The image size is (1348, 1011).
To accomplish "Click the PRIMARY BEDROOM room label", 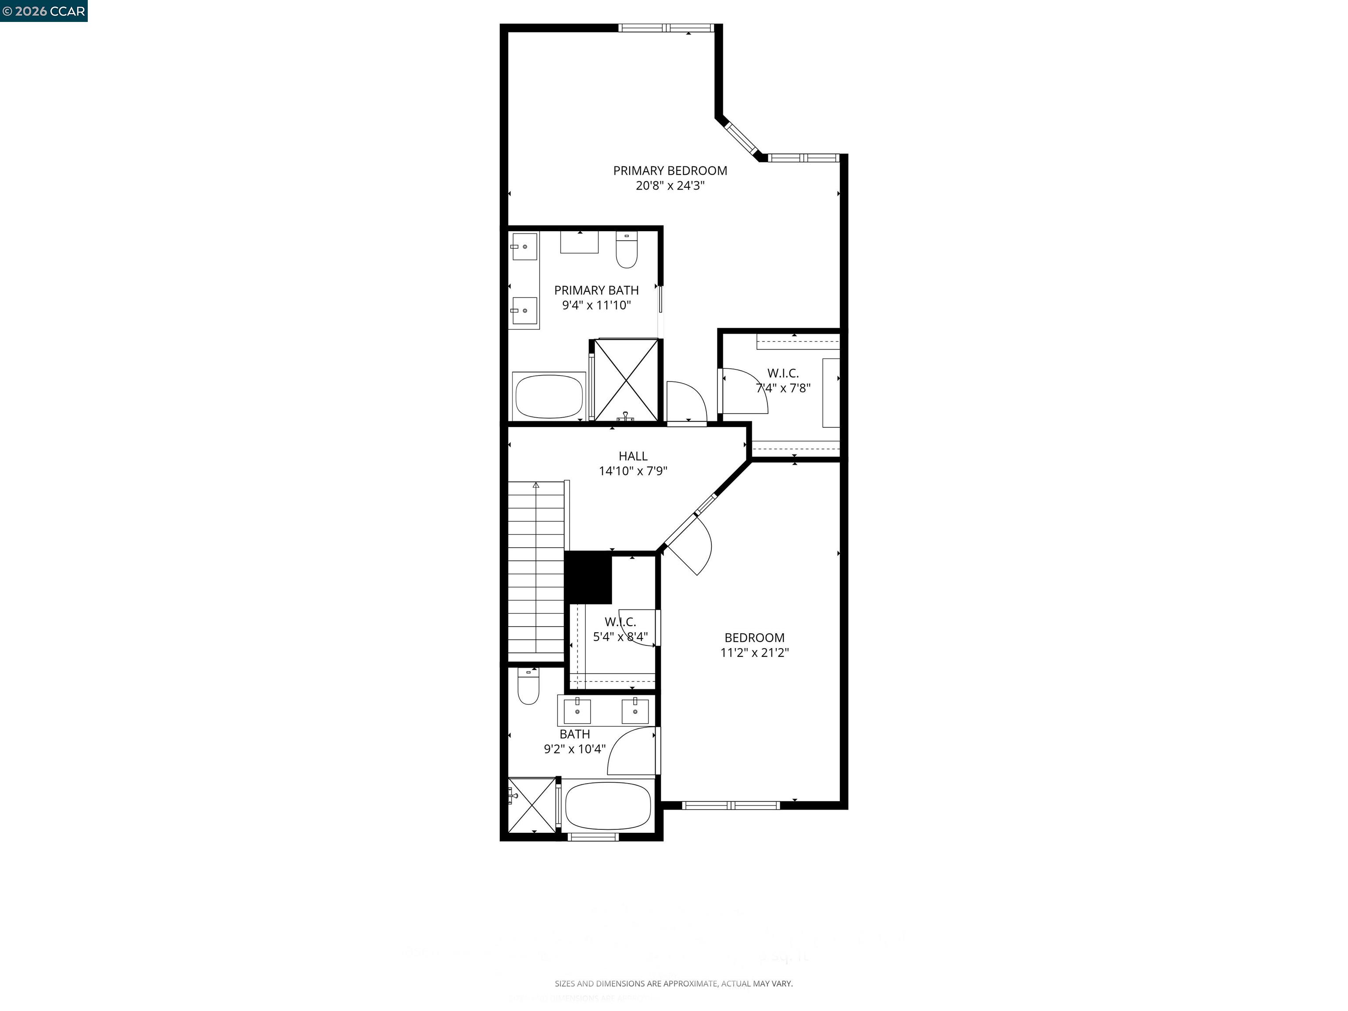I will coord(670,171).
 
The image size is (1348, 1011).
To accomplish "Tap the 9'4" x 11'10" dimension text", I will coord(596,305).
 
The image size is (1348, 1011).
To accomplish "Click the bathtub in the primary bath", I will coord(549,396).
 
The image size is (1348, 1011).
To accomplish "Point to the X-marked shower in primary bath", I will coord(626,380).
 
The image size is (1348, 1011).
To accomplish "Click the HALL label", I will coord(633,456).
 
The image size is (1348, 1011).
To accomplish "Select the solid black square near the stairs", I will coord(588,577).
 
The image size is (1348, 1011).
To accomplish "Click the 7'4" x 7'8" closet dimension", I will coord(783,388).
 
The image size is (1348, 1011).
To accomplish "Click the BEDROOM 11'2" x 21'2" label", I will coord(754,645).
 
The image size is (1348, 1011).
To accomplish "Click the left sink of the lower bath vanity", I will coord(577,710).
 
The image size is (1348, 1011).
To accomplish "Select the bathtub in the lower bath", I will coord(608,804).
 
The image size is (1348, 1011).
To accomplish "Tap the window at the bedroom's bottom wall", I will coord(731,805).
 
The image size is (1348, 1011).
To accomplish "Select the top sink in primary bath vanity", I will coord(524,247).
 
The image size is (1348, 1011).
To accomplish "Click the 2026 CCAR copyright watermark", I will coord(43,11).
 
